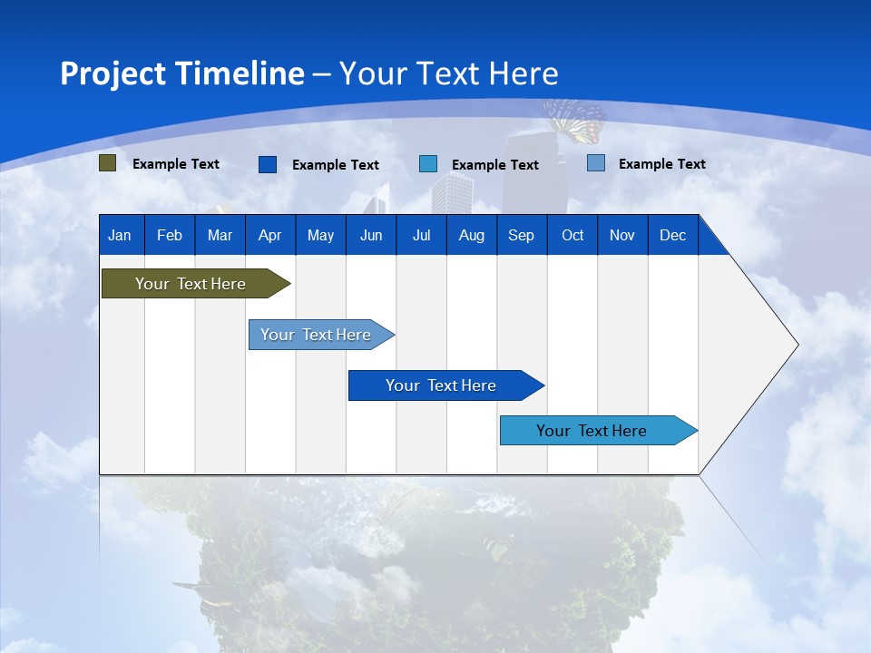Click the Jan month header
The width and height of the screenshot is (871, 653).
[120, 235]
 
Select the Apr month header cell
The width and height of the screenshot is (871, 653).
[269, 235]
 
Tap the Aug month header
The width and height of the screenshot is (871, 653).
[471, 235]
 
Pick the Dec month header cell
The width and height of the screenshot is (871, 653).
[672, 235]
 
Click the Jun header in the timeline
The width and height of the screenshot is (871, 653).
[370, 235]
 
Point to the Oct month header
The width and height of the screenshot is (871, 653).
[572, 235]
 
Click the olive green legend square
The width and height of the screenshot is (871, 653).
[108, 163]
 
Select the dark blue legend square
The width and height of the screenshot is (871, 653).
[268, 164]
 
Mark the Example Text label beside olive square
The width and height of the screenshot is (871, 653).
[176, 164]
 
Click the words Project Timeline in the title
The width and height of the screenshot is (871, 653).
[182, 73]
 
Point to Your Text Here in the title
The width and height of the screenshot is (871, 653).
[448, 73]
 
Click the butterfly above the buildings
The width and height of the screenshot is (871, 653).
[575, 121]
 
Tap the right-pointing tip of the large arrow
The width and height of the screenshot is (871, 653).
[795, 345]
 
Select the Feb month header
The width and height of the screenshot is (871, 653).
[170, 235]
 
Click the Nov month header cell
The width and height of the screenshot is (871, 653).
[622, 235]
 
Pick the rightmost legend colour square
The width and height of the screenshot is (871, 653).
[596, 163]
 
